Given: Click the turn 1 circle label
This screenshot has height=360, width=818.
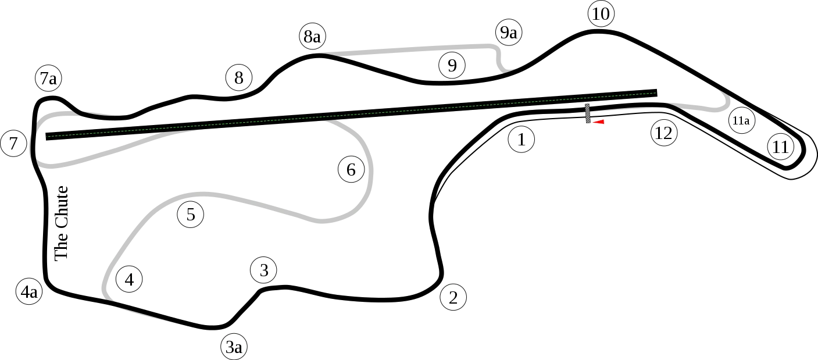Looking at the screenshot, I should (521, 140).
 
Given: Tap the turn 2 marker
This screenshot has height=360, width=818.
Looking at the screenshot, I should (453, 298).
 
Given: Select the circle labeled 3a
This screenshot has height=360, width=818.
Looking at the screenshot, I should (234, 347).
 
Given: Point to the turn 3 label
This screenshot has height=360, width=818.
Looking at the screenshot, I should (264, 270).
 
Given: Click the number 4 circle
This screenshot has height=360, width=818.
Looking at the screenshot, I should (129, 280).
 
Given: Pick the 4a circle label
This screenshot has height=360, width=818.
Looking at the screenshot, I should (29, 292).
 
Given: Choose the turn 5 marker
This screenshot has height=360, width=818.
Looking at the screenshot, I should (190, 215).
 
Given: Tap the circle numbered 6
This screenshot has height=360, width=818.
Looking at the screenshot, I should (351, 170).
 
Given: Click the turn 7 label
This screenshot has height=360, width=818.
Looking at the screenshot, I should (13, 143).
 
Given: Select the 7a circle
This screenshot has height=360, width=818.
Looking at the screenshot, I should (49, 79).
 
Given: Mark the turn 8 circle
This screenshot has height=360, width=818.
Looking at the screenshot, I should (238, 77).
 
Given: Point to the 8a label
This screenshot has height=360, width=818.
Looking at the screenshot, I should (312, 37).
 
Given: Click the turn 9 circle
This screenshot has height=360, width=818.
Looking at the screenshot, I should (452, 65).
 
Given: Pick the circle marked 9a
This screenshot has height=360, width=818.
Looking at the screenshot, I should (508, 33).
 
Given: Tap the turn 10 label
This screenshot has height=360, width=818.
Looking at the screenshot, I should (601, 15).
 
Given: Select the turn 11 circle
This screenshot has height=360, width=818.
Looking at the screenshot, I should (780, 147).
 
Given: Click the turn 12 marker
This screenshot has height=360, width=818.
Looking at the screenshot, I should (663, 134).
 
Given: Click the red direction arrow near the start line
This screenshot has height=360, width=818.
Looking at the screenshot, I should (598, 122).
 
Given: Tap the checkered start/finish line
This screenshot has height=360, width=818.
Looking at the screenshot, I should (587, 113).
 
